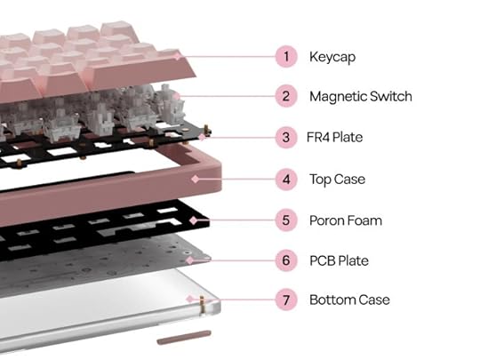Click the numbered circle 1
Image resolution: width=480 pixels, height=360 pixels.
(285, 57)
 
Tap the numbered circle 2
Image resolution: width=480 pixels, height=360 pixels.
(285, 96)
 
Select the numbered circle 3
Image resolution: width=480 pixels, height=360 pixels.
(285, 138)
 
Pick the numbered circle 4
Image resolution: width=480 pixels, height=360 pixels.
(285, 180)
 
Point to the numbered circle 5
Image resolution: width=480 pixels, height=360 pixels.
(285, 220)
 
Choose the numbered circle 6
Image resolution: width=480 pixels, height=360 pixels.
(285, 260)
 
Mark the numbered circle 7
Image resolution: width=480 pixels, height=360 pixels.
(285, 300)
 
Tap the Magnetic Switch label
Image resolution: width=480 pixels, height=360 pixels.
(361, 96)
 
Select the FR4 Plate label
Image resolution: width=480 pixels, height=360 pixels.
(336, 138)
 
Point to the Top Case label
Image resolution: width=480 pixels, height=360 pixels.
(337, 180)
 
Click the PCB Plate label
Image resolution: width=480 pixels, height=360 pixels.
(339, 260)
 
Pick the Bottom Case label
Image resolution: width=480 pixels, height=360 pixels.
(349, 300)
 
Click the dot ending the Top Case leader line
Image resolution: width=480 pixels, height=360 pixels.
(192, 180)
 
